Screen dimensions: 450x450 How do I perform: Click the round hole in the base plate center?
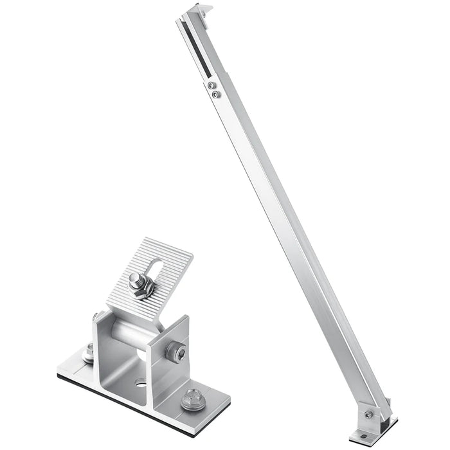(140, 384)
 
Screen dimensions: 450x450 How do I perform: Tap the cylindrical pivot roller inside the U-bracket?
(132, 336)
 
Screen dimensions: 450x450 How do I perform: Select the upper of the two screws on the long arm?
(212, 83)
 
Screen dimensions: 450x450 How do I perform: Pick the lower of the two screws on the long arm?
(216, 94)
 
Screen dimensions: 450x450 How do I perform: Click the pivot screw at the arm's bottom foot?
(368, 415)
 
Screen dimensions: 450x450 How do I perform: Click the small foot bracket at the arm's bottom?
(376, 421)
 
